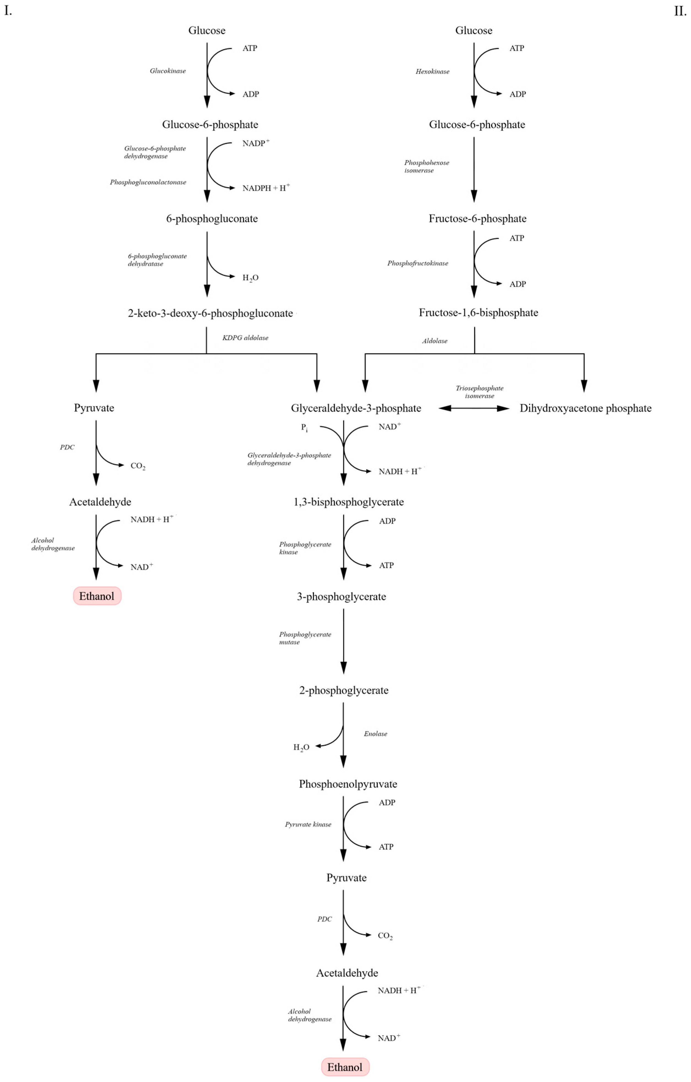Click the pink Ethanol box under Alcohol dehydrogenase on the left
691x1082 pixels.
pyautogui.click(x=97, y=596)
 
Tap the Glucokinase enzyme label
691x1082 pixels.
pyautogui.click(x=167, y=71)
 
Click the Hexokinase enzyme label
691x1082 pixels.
pyautogui.click(x=432, y=72)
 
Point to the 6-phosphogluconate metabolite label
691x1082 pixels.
pyautogui.click(x=212, y=219)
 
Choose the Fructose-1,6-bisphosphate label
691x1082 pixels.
pyautogui.click(x=478, y=313)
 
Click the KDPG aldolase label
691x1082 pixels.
pyautogui.click(x=245, y=338)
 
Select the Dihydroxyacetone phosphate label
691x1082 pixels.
pyautogui.click(x=585, y=408)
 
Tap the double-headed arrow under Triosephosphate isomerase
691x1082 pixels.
pyautogui.click(x=474, y=408)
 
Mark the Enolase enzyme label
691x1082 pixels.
pyautogui.click(x=375, y=734)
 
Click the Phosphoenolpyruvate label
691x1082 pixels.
pyautogui.click(x=348, y=784)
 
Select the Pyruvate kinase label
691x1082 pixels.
pyautogui.click(x=308, y=824)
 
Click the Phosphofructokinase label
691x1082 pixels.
pyautogui.click(x=418, y=263)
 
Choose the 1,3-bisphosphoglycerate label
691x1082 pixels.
pyautogui.click(x=348, y=502)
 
